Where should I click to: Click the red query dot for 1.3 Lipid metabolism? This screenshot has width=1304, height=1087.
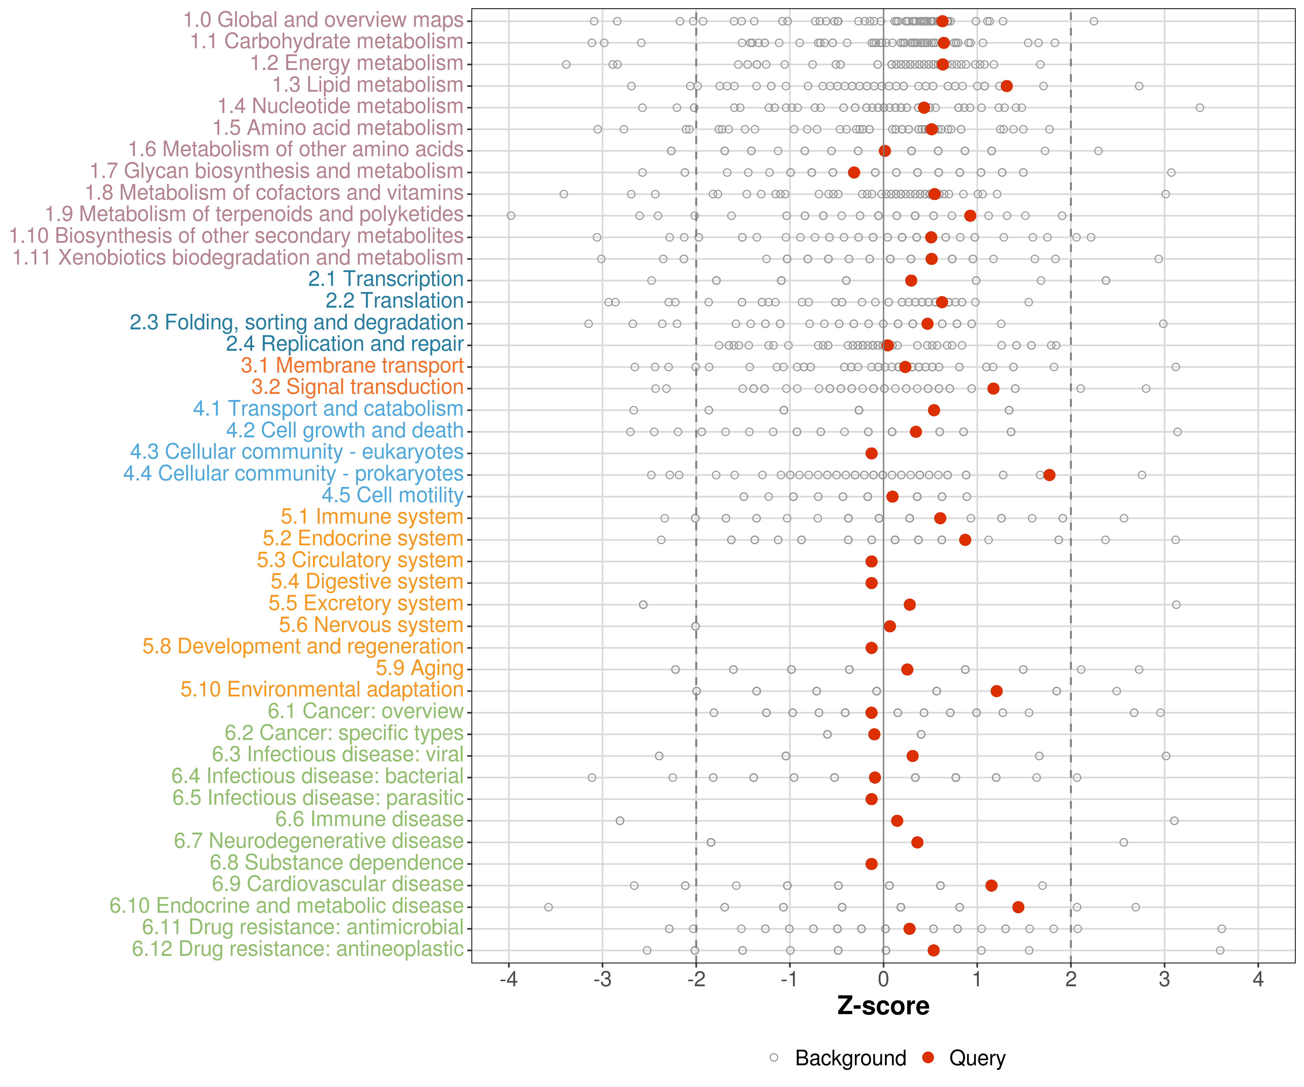coord(1007,86)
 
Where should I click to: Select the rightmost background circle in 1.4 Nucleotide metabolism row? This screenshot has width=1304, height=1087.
coord(1200,108)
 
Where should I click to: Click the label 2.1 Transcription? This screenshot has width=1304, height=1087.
coord(386,279)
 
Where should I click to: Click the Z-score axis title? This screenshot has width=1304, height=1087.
coord(883,1006)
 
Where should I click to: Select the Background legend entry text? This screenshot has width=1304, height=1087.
coord(851,1058)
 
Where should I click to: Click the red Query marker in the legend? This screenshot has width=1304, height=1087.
coord(928,1057)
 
